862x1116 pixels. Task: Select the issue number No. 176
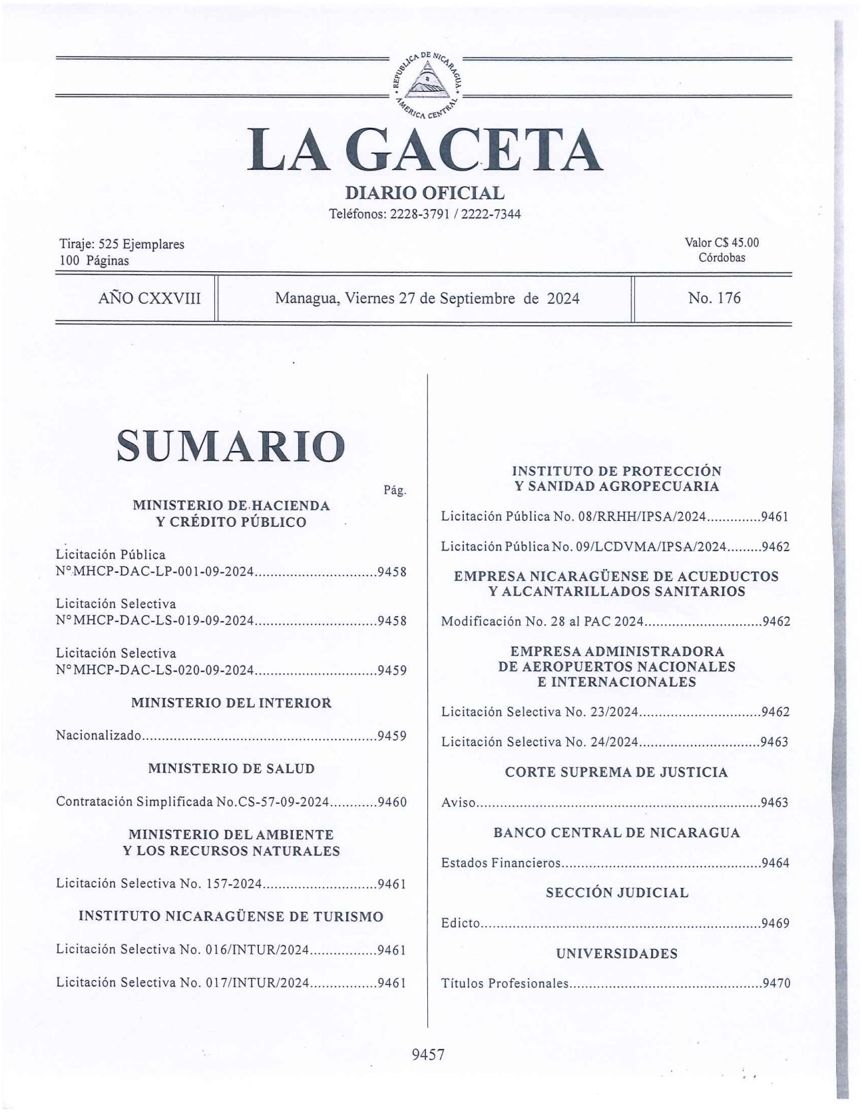tap(714, 298)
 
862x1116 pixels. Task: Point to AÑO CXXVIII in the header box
tap(149, 298)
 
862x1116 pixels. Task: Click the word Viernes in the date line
tap(370, 298)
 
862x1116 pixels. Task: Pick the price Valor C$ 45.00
tap(721, 243)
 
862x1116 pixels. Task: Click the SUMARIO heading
tap(231, 446)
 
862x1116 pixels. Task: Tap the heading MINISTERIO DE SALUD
tap(231, 768)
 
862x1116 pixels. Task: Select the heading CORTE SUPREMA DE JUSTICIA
tap(616, 772)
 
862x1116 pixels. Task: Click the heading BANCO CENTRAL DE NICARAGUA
tap(616, 833)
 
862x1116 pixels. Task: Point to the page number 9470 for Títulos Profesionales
tap(775, 983)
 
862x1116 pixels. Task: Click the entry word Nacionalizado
tap(99, 736)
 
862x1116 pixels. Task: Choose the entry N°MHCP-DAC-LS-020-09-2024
tap(155, 670)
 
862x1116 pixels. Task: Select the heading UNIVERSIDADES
tap(616, 954)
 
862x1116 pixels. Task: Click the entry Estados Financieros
tap(501, 863)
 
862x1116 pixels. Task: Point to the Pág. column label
tap(395, 490)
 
